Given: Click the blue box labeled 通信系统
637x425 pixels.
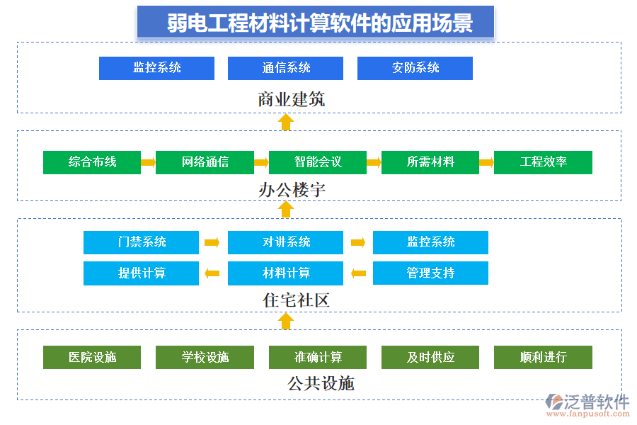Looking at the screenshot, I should [285, 68].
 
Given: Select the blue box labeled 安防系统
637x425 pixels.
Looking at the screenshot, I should [415, 68].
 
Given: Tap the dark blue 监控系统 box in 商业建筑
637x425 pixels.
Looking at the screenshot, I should [156, 68].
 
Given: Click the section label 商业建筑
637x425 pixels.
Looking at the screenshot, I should [291, 99].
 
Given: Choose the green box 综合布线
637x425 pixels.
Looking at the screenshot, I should [92, 162].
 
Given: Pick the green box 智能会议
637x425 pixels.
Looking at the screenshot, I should [317, 162].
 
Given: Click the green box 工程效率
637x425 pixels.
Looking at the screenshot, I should [543, 162].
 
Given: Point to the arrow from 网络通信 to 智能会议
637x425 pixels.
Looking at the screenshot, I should [261, 162].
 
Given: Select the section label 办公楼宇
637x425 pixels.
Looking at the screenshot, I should [291, 190].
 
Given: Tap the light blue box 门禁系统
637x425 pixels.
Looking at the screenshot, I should [141, 242].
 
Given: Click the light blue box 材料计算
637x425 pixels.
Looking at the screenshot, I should [285, 273].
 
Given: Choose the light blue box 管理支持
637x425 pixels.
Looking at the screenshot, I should [430, 273].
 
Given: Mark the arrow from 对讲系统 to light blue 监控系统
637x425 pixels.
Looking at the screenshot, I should [358, 242].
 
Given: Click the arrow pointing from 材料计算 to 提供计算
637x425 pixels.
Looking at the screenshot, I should [212, 273].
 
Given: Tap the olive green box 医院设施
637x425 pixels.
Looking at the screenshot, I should [92, 357].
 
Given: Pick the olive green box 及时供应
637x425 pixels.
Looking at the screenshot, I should [430, 357].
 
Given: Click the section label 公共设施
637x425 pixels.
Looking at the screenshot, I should [320, 384].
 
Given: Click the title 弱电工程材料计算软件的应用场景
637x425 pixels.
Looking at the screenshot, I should [316, 23].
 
